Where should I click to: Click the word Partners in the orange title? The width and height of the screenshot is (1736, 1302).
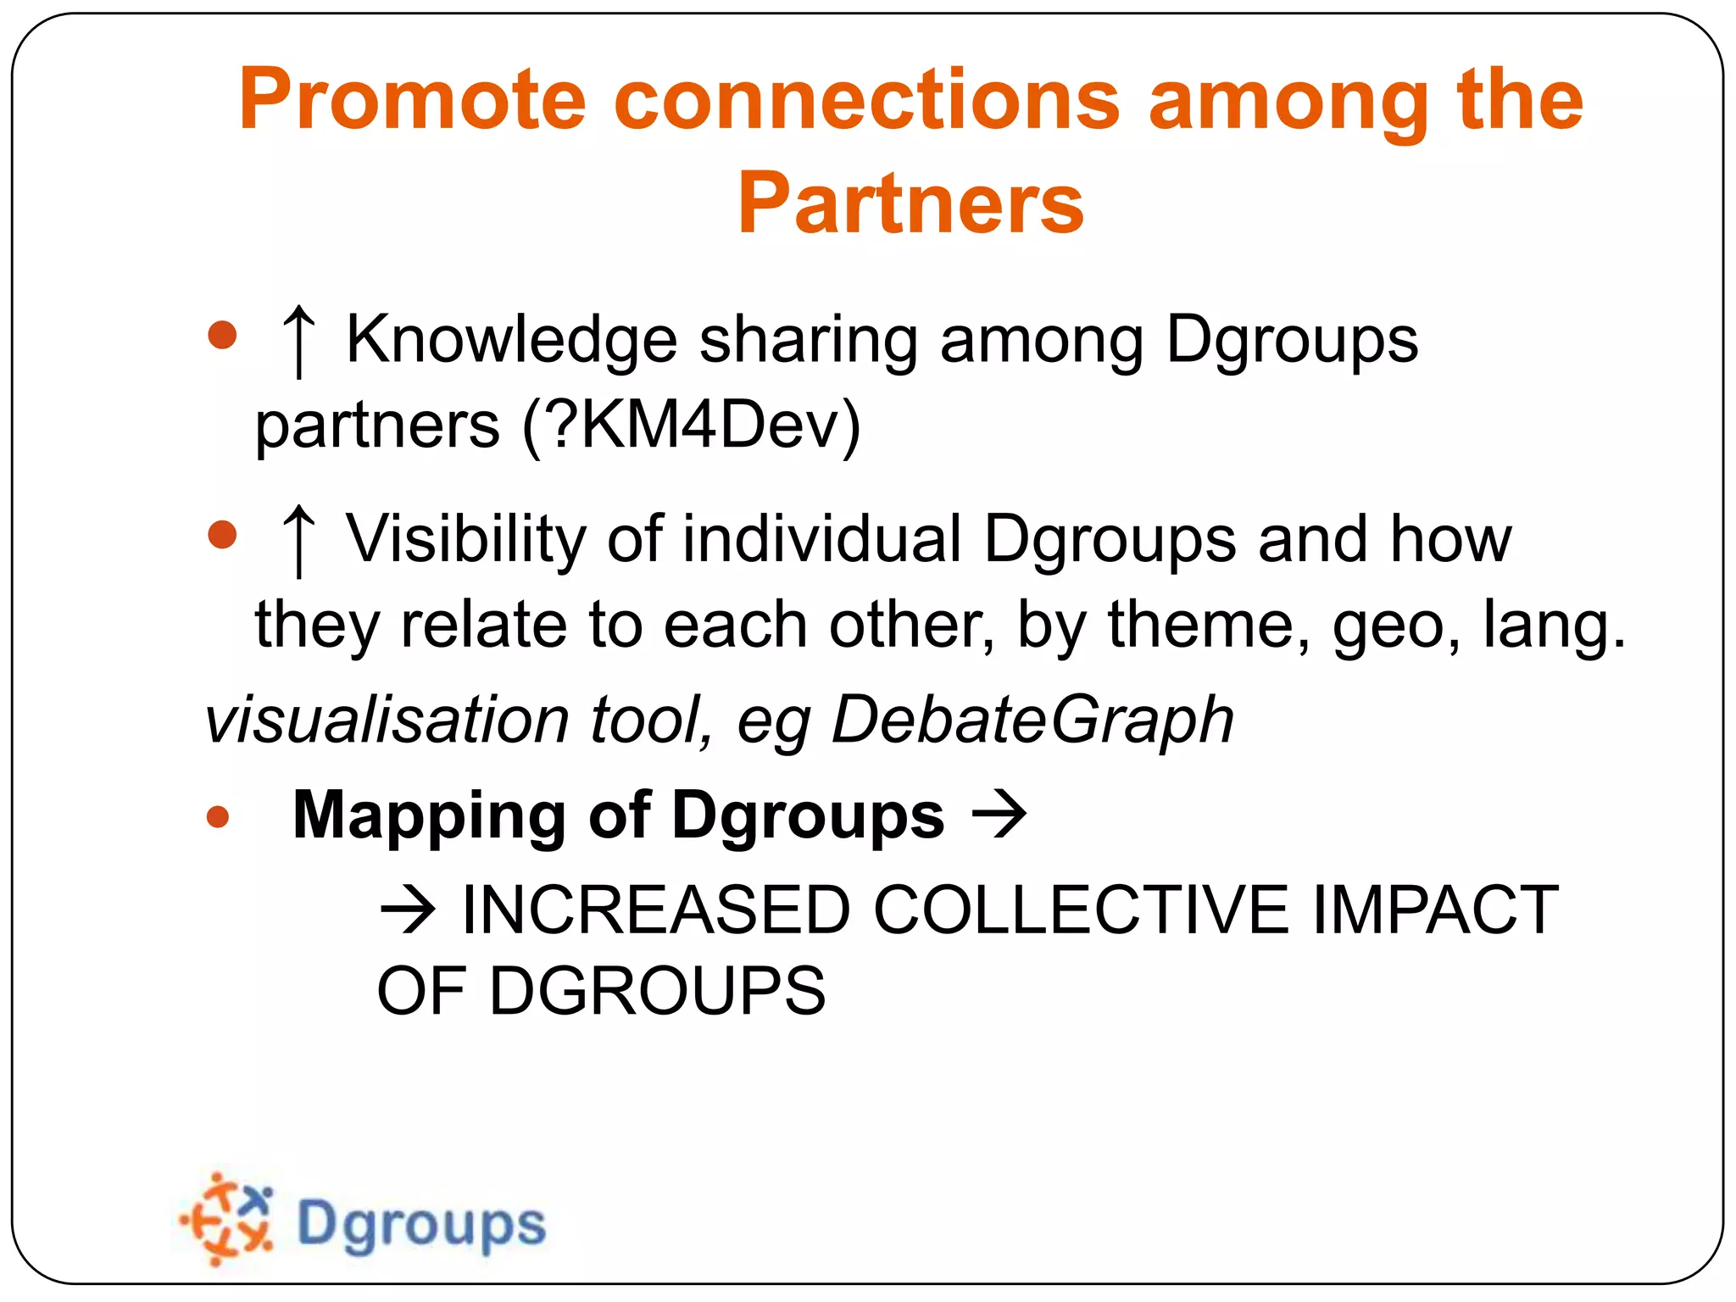pos(910,203)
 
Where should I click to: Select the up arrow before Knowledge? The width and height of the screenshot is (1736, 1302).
pos(298,342)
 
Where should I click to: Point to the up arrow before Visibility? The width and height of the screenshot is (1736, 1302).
pos(298,540)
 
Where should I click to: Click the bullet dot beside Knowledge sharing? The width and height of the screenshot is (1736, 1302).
pos(222,335)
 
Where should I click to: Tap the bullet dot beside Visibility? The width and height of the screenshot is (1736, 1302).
pos(222,534)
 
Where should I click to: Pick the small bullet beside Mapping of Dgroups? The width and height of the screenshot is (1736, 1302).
pos(218,816)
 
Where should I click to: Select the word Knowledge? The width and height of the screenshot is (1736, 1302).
pos(511,340)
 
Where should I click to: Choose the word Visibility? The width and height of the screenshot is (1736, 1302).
pos(465,538)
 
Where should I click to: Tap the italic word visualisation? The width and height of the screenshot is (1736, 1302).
pos(387,720)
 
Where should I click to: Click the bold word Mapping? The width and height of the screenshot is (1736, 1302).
pos(429,815)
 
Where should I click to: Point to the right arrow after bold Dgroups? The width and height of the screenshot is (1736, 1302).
pos(999,815)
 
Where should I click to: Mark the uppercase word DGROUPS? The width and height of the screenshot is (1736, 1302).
pos(657,991)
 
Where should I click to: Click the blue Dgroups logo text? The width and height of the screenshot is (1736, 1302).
pos(421,1224)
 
